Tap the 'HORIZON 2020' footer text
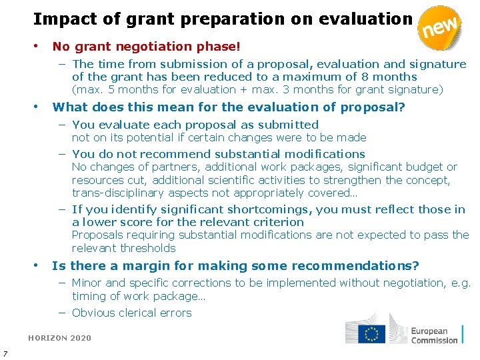click(59, 338)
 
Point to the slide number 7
click(5, 353)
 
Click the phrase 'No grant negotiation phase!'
click(146, 47)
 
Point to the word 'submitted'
click(290, 125)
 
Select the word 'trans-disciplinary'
click(118, 193)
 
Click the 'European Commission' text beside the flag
click(434, 335)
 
